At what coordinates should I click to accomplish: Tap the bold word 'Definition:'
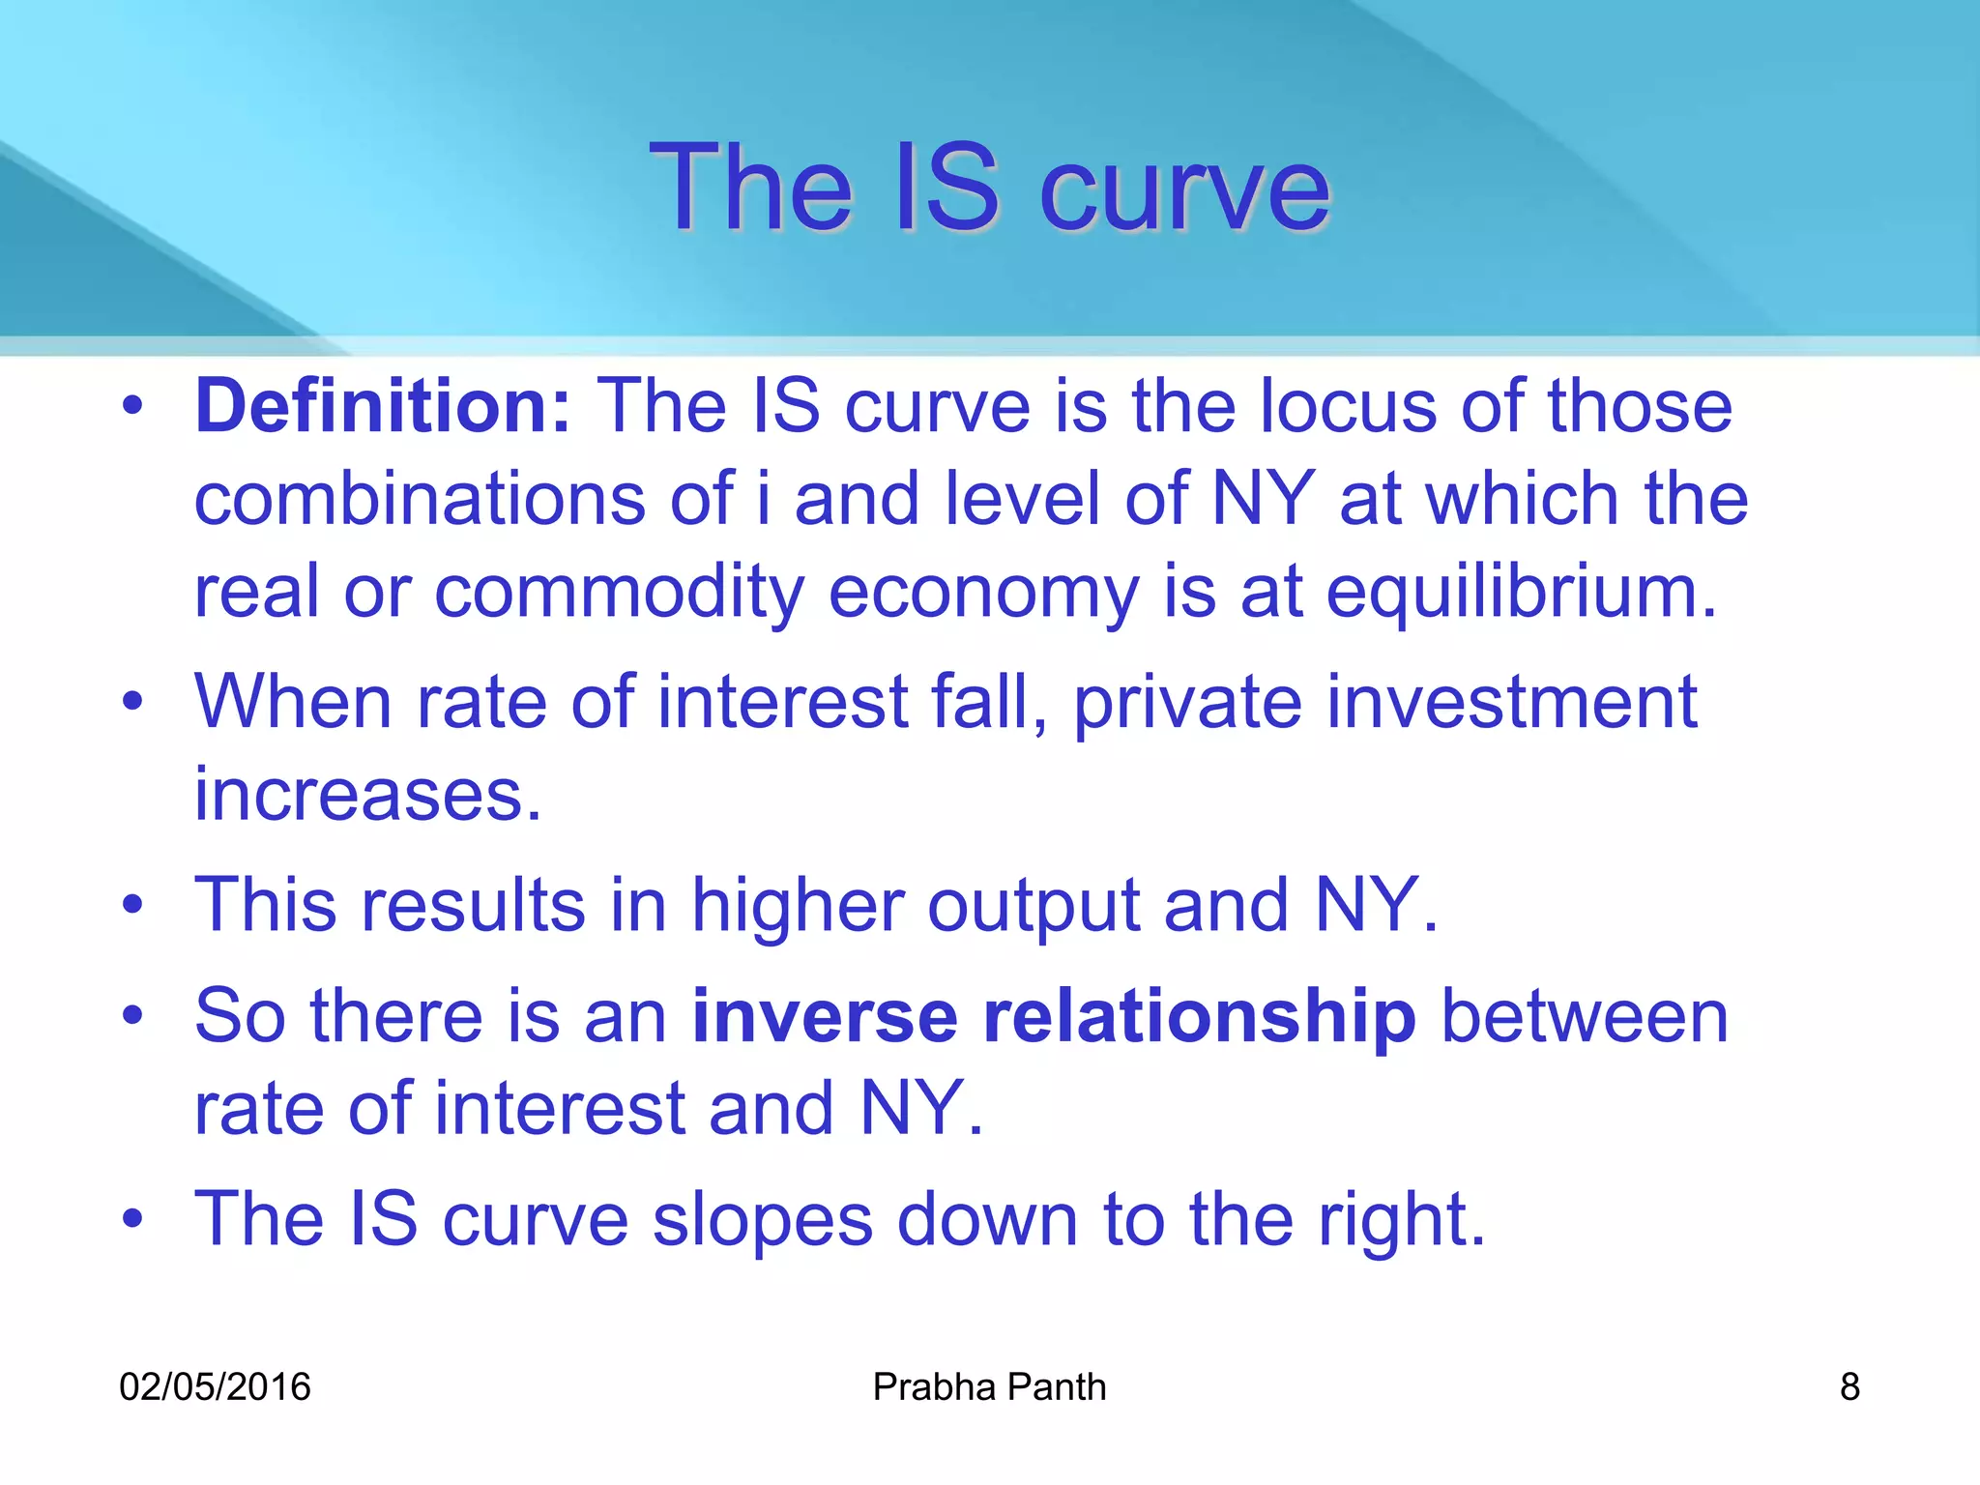pos(384,407)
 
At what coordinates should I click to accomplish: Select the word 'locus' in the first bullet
pos(1348,407)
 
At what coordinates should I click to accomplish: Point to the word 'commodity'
pos(619,593)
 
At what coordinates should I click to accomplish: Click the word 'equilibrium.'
pos(1521,593)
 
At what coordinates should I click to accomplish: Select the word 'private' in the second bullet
pos(1187,703)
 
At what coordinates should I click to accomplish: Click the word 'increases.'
pos(368,796)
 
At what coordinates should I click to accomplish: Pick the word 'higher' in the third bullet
pos(798,906)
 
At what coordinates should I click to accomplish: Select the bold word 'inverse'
pos(825,1017)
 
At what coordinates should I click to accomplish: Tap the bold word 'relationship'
pos(1199,1017)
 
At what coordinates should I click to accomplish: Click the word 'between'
pos(1585,1017)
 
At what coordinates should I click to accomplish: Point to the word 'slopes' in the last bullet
pos(762,1220)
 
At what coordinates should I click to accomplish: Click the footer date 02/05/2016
pos(215,1387)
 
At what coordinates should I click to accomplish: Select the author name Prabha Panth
pos(989,1387)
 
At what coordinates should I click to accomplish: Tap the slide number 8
pos(1849,1387)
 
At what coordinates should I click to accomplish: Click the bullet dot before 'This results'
pos(132,906)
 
